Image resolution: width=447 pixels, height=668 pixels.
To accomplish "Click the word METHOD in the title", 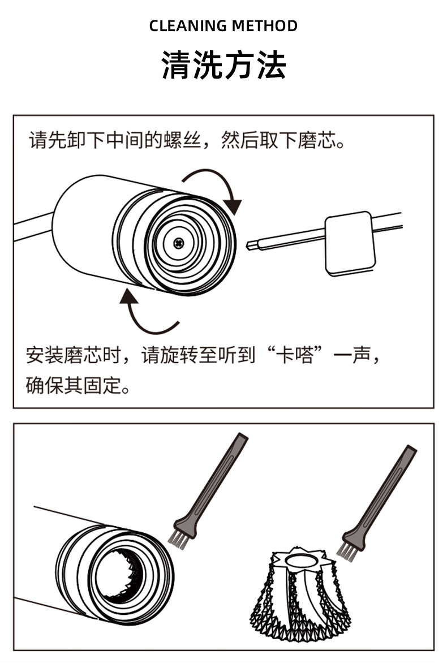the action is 265,26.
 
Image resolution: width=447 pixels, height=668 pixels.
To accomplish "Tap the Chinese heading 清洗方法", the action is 223,65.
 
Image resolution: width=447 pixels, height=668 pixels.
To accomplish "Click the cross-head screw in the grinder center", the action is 179,243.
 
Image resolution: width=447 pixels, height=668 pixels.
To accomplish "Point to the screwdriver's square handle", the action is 350,243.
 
